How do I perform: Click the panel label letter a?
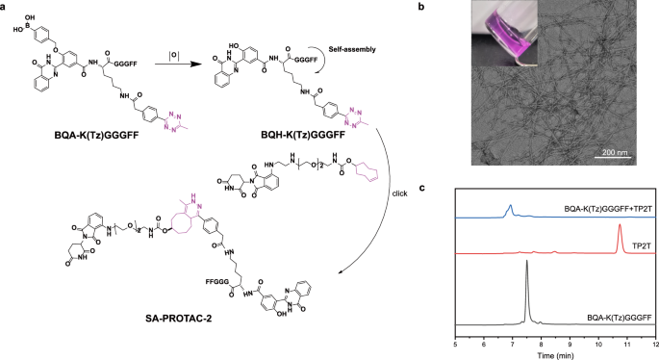click(x=5, y=6)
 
